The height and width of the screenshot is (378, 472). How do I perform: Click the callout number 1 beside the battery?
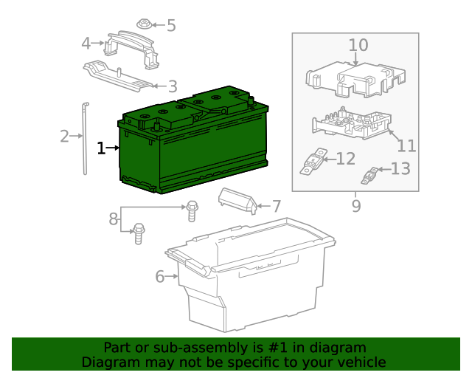coord(101,148)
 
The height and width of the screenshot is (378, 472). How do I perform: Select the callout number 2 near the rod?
coord(64,136)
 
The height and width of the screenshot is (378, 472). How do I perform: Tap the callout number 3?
coord(173,86)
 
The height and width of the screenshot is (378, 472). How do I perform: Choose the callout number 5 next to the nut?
coord(171,26)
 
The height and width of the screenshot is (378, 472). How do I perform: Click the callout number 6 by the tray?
coord(159,277)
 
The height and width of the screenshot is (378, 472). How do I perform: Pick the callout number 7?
coord(276,207)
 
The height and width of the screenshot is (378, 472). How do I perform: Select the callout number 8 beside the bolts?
coord(114,219)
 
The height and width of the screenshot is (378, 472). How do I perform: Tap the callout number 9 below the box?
coord(355,206)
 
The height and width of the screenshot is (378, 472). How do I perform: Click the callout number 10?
coord(358,46)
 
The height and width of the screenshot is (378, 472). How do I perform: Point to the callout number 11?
coord(407,145)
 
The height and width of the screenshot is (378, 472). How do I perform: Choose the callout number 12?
coord(346,158)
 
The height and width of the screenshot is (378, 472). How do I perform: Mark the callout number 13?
coord(400,169)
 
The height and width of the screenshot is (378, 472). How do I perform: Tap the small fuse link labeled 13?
coord(372,176)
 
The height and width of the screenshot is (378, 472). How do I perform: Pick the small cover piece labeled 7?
coord(236,200)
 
